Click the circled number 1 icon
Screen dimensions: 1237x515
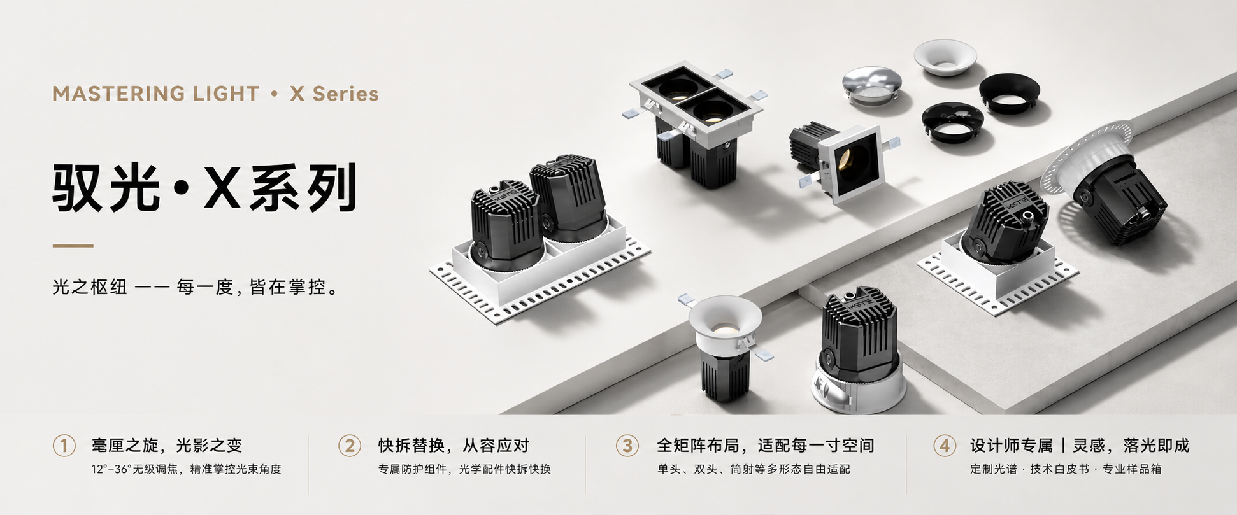[64, 446]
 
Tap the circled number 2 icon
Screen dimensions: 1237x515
[349, 446]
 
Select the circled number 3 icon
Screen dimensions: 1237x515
[627, 446]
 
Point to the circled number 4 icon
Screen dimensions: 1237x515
[945, 446]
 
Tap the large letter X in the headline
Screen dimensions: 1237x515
[222, 188]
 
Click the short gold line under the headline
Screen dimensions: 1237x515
[73, 246]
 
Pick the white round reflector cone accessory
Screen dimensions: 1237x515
[945, 58]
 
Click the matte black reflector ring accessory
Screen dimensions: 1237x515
[1010, 93]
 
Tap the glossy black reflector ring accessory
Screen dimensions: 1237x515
[953, 122]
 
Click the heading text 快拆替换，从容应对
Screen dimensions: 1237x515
[454, 446]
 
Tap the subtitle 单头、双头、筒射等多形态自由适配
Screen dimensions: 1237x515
[754, 469]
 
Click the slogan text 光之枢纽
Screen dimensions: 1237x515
[90, 287]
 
